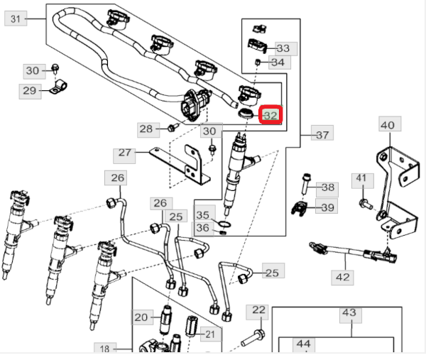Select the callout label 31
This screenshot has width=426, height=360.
click(x=16, y=19)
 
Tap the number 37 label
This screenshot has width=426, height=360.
click(x=322, y=134)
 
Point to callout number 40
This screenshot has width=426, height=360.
click(x=387, y=126)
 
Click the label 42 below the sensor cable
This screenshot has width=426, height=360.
click(x=343, y=277)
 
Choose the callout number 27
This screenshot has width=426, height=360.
click(x=126, y=153)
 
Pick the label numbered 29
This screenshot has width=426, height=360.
click(x=29, y=90)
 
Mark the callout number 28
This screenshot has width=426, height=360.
click(x=146, y=129)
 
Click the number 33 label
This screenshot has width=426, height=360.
click(x=283, y=48)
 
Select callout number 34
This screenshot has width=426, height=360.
click(x=277, y=62)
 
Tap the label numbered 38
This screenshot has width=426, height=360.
click(x=327, y=187)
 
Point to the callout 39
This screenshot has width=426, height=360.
click(x=327, y=207)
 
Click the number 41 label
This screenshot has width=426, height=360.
click(x=361, y=178)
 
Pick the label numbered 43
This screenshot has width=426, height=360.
click(x=349, y=312)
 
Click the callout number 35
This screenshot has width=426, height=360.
click(x=203, y=214)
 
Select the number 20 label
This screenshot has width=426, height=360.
click(x=141, y=317)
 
